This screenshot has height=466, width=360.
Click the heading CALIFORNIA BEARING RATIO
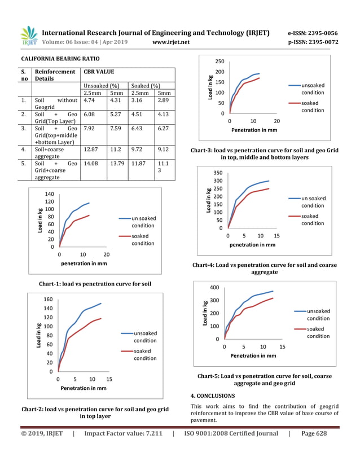tap(60, 59)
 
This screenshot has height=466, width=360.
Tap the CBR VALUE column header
tap(99, 72)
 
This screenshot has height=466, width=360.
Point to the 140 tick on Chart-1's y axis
tap(49, 194)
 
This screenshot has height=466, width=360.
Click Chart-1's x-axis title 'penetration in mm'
tap(84, 263)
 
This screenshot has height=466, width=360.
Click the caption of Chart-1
tap(94, 283)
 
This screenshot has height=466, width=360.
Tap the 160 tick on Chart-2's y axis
tap(48, 300)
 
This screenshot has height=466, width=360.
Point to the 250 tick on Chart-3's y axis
tap(219, 61)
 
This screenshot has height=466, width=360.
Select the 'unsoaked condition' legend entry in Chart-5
tap(318, 314)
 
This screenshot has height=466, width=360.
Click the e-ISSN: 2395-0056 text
tap(313, 33)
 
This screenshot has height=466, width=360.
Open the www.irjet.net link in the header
tap(171, 42)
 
